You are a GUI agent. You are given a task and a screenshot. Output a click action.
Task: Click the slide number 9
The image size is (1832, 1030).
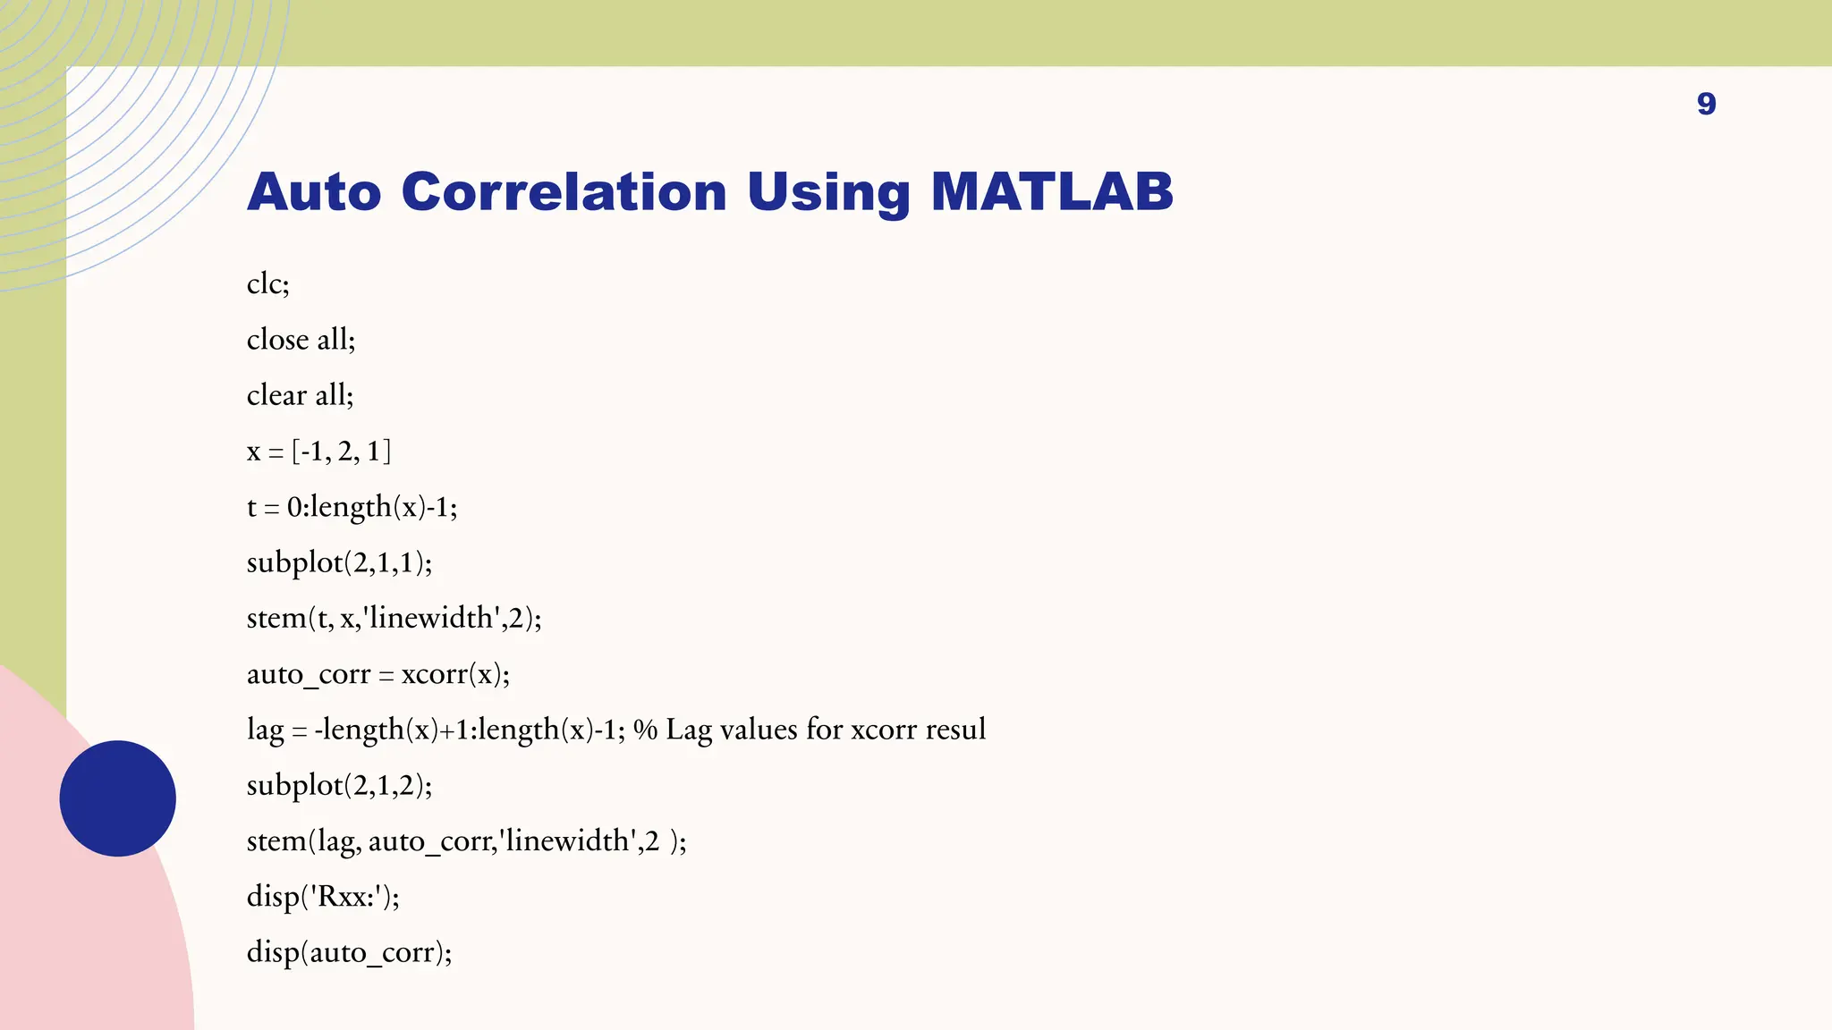1706,104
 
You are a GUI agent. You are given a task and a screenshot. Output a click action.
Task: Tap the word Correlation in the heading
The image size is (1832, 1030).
564,192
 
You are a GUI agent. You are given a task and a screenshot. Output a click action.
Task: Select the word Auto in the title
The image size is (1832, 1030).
314,192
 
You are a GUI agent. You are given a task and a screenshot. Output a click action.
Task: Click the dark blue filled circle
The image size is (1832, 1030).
117,798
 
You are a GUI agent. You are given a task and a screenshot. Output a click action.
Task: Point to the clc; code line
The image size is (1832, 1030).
268,283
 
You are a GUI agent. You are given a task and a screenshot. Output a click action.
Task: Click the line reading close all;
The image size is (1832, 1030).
301,340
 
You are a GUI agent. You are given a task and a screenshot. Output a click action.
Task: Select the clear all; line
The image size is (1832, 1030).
300,395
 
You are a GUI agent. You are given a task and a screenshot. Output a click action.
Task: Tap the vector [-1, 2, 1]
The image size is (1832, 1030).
342,452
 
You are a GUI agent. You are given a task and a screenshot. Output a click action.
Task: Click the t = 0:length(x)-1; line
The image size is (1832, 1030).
352,507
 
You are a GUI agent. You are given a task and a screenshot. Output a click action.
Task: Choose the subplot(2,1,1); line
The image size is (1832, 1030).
339,562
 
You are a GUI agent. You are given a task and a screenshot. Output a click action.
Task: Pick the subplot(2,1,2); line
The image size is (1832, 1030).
339,785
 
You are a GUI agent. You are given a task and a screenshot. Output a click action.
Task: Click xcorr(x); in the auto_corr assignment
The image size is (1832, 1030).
455,674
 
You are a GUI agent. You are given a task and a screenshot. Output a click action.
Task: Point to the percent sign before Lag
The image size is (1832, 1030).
645,730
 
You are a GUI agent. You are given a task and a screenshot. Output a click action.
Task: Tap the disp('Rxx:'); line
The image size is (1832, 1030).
323,897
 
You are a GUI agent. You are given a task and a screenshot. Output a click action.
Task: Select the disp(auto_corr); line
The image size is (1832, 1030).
349,952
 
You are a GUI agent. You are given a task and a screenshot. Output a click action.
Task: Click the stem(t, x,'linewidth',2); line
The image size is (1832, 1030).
394,618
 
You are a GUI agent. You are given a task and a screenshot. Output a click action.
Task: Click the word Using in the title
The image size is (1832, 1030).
827,192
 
